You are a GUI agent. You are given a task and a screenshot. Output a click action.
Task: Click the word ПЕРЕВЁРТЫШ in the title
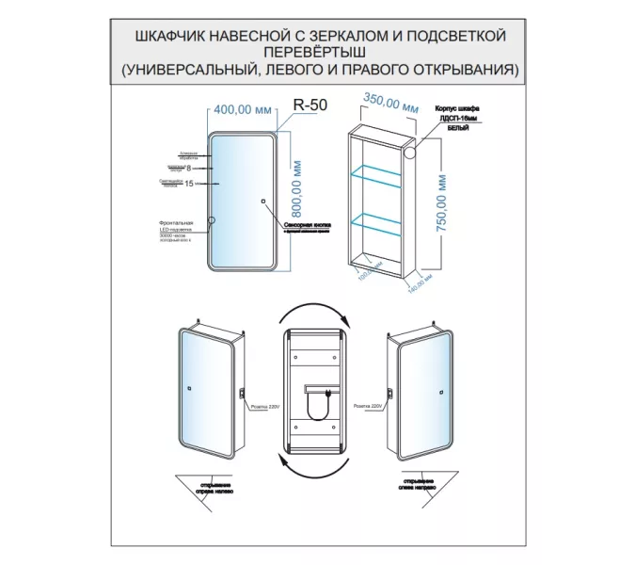click(x=317, y=52)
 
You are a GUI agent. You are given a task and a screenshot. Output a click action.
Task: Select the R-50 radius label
click(x=311, y=106)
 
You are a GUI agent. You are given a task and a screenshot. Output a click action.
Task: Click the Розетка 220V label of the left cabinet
click(x=266, y=407)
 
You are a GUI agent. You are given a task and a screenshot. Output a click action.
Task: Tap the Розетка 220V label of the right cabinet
click(x=370, y=407)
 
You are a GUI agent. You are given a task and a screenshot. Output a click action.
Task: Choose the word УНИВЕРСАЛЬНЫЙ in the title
click(x=206, y=70)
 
